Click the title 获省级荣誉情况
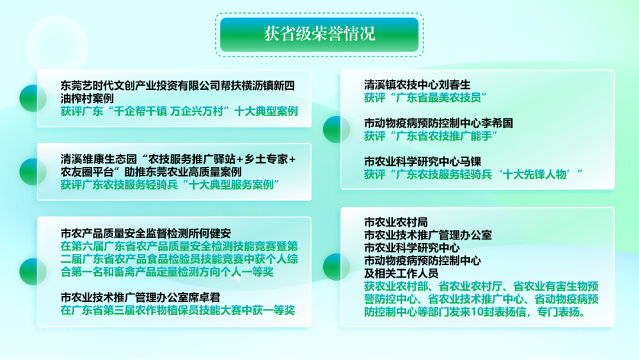pos(319,34)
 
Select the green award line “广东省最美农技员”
pos(426,98)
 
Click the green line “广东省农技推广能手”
pos(431,136)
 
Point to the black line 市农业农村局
pos(396,222)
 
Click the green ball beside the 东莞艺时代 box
pos(33,98)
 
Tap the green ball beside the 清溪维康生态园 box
pos(33,172)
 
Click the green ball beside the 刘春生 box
pos(337,130)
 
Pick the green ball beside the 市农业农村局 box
pos(337,267)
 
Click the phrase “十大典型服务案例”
pos(231,185)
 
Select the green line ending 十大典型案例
pos(179,111)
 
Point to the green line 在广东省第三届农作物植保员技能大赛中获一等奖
pos(177,310)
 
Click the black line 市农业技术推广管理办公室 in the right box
pos(428,235)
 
